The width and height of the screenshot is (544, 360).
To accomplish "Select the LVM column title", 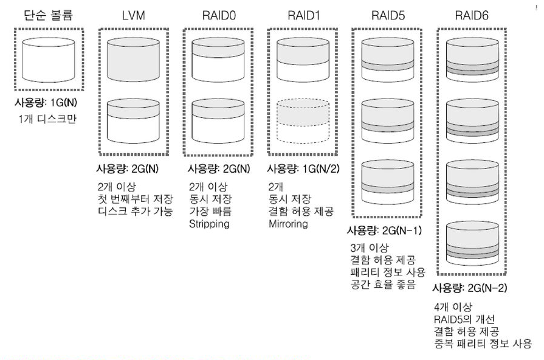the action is [133, 15].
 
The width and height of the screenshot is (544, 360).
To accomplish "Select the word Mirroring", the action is [289, 224].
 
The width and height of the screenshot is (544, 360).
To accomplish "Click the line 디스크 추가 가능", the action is [135, 212].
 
